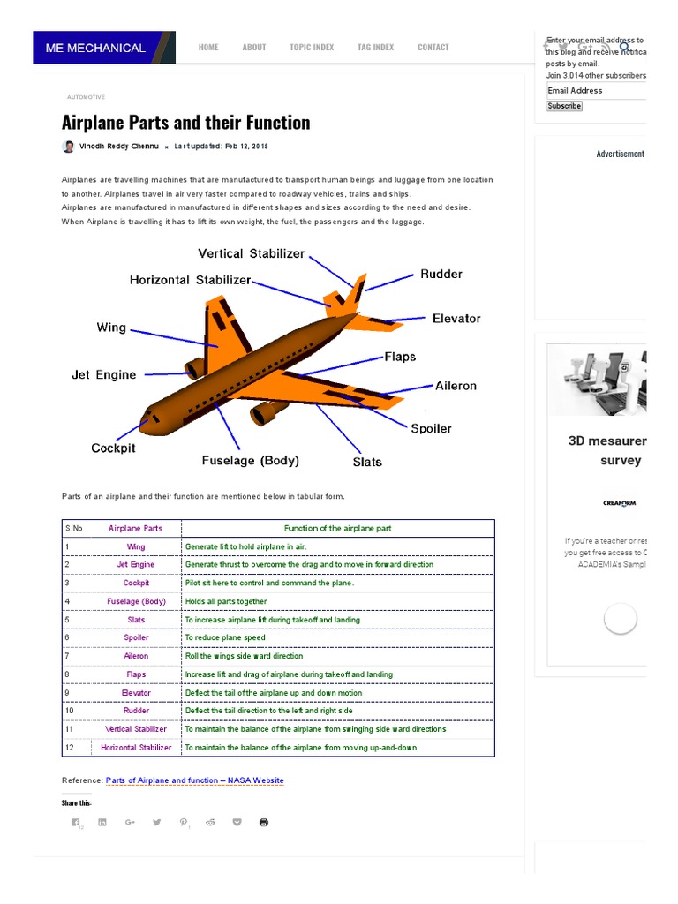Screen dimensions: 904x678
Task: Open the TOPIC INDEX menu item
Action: (312, 48)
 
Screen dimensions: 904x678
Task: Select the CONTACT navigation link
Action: (433, 48)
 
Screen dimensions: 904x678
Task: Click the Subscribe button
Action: (564, 106)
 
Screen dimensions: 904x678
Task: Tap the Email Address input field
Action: (596, 90)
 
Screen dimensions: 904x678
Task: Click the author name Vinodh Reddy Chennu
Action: (119, 146)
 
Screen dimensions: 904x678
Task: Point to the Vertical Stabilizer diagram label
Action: (251, 253)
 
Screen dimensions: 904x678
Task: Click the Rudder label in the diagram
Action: (441, 274)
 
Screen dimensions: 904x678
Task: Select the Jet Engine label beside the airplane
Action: (103, 374)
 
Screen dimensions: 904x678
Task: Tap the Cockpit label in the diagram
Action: (113, 448)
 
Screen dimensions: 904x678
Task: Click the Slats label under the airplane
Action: (367, 462)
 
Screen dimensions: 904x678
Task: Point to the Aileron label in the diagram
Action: (456, 386)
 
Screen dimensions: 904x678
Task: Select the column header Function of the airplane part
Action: (337, 528)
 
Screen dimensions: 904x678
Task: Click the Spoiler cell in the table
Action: (136, 637)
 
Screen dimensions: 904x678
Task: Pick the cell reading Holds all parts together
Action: (225, 601)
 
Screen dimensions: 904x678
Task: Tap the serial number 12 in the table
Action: (69, 747)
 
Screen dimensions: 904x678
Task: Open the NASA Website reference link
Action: (194, 780)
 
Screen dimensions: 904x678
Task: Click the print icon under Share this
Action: (263, 822)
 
